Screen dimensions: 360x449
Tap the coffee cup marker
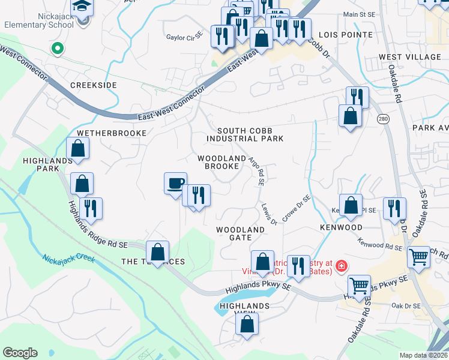[x=175, y=183]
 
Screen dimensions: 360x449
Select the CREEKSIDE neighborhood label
[x=93, y=85]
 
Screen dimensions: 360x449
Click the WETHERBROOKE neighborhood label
[x=111, y=133]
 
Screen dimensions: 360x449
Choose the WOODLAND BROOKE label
[x=222, y=162]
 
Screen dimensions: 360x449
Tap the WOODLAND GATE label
[x=240, y=233]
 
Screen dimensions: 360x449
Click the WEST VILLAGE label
[x=409, y=57]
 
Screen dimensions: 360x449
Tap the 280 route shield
[x=383, y=119]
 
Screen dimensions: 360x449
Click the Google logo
[x=20, y=353]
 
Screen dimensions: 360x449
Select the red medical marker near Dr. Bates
[x=341, y=265]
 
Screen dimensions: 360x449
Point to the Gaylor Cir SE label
[x=184, y=37]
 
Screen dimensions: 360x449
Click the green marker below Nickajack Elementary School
[x=58, y=48]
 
